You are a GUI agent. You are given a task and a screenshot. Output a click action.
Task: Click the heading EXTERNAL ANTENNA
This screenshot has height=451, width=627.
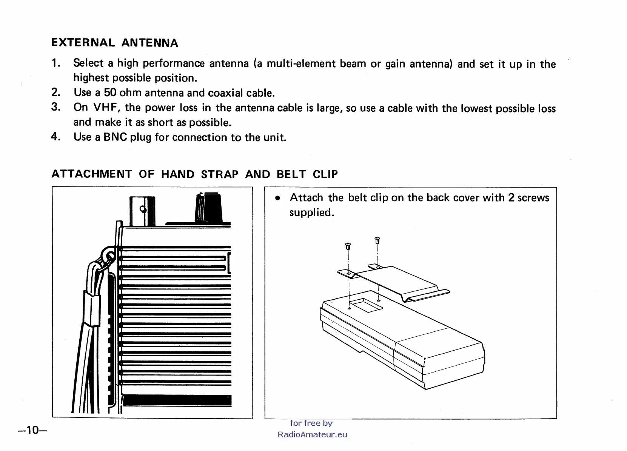[114, 43]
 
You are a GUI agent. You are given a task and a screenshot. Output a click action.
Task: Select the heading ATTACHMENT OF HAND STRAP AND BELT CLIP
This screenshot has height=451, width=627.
[194, 174]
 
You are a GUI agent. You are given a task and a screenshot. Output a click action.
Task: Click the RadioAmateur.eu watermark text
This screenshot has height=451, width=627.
[312, 434]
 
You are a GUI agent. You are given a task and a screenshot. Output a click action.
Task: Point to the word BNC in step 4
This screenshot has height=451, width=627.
[115, 137]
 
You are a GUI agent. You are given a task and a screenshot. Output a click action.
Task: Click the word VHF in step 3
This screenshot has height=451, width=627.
[106, 108]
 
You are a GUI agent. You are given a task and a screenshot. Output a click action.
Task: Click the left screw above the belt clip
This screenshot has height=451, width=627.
[348, 246]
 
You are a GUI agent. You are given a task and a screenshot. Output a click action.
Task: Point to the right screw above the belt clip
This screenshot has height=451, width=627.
[377, 240]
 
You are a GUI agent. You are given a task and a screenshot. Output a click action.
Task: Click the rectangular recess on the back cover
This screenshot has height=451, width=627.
[365, 304]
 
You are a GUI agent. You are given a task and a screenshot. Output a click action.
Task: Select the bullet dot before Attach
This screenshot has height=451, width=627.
[277, 198]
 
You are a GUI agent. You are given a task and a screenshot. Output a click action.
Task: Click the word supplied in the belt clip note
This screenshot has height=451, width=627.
[311, 212]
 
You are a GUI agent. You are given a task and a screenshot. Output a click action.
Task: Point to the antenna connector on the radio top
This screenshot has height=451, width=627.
[142, 210]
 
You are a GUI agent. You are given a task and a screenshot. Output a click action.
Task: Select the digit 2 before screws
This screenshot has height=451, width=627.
[511, 197]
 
